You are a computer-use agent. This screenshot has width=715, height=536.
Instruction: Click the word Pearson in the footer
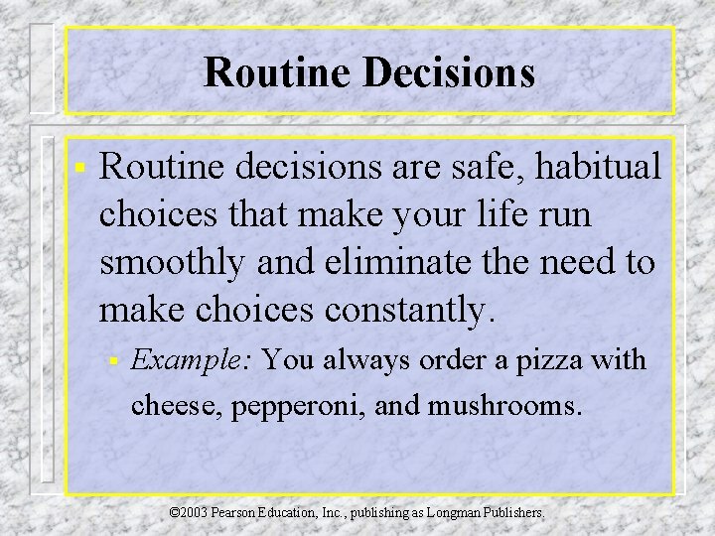pyautogui.click(x=243, y=514)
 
